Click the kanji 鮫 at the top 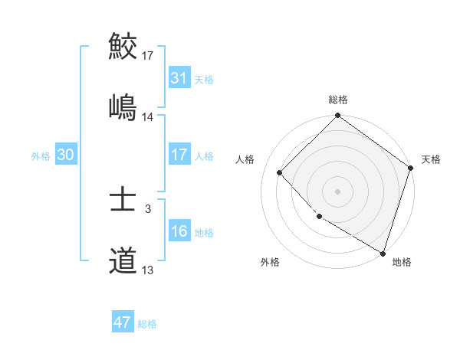click(x=123, y=46)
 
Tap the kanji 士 click(x=123, y=200)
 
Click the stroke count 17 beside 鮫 click(x=148, y=55)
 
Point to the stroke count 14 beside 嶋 click(x=148, y=116)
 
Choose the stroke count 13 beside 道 click(x=148, y=270)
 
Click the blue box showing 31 click(x=179, y=78)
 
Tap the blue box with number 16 click(x=179, y=231)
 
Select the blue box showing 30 click(x=66, y=155)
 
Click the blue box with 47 click(x=123, y=322)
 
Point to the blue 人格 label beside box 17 click(x=204, y=155)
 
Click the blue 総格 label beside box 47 click(x=147, y=324)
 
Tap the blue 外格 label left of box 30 click(x=41, y=155)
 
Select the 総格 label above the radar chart click(x=338, y=100)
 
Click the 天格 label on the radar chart click(x=431, y=159)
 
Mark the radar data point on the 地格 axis click(x=383, y=252)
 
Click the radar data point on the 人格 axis click(x=280, y=173)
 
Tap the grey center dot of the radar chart click(x=338, y=191)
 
